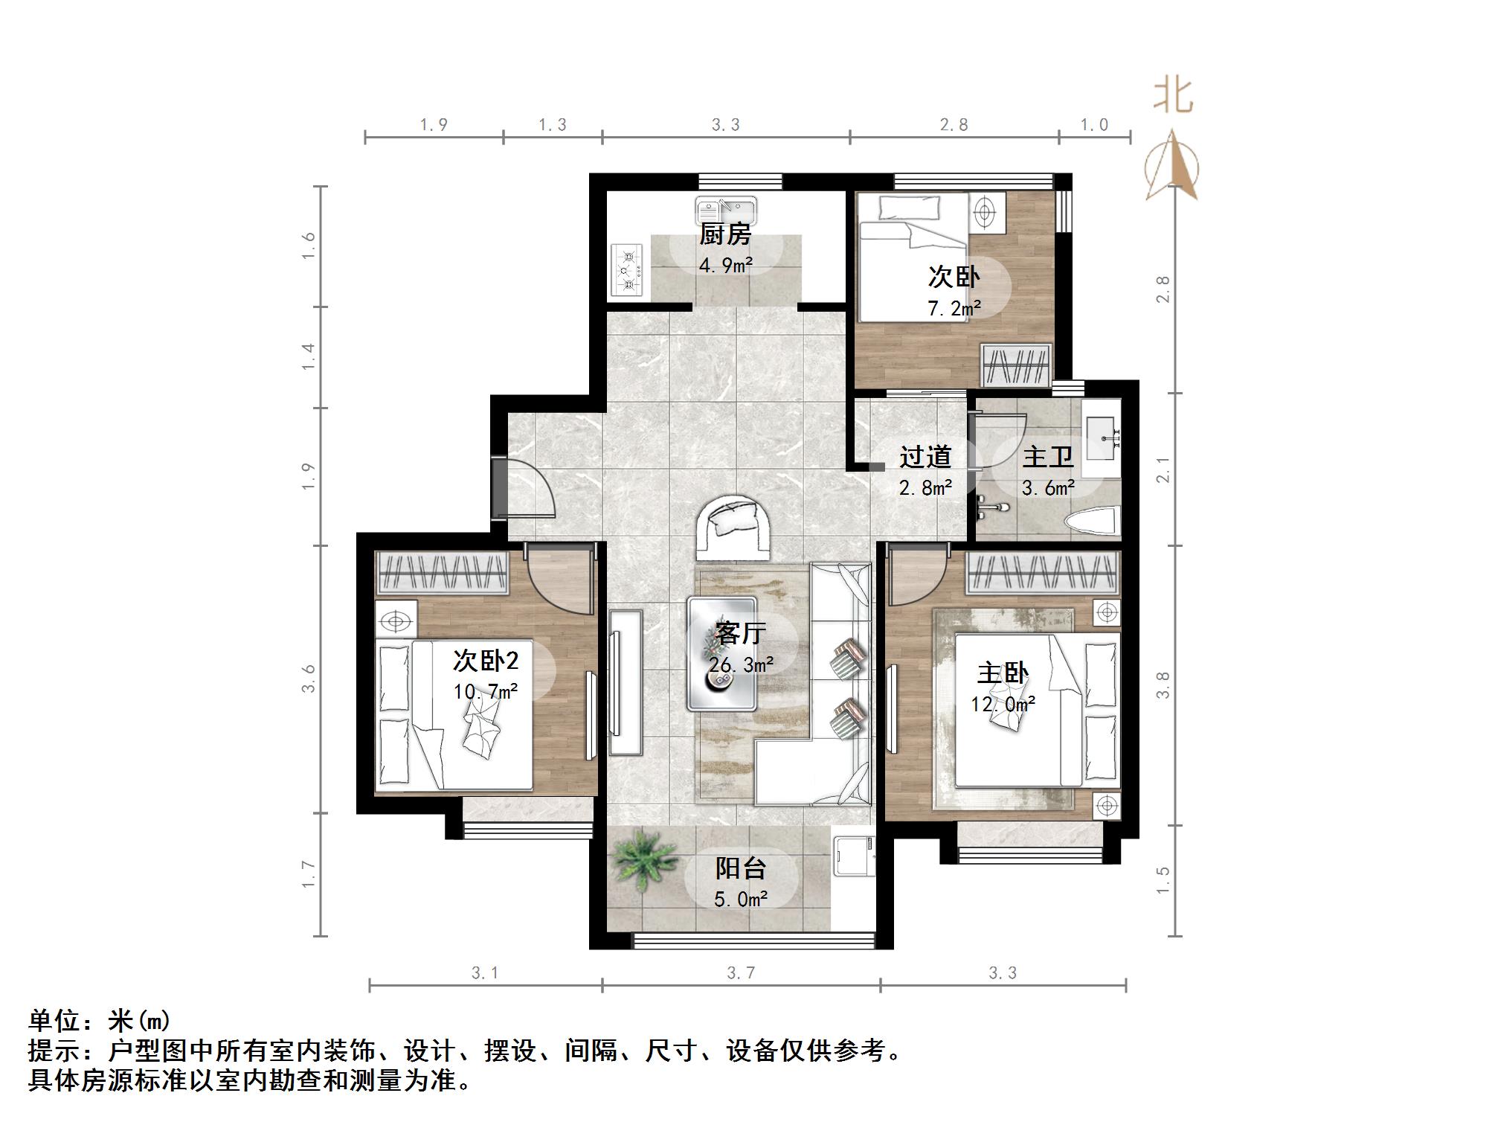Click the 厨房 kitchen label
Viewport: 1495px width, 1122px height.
pyautogui.click(x=725, y=234)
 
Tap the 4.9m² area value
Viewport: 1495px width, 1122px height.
pyautogui.click(x=725, y=265)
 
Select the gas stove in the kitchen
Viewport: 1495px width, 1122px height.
pyautogui.click(x=627, y=271)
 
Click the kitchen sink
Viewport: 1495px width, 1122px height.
pyautogui.click(x=725, y=210)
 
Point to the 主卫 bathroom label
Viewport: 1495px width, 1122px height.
pyautogui.click(x=1048, y=457)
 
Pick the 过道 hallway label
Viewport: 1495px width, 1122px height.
pyautogui.click(x=925, y=457)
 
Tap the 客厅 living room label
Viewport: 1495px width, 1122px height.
pyautogui.click(x=740, y=633)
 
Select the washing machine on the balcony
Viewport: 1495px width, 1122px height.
pyautogui.click(x=853, y=857)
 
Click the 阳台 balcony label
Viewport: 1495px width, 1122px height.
pyautogui.click(x=740, y=868)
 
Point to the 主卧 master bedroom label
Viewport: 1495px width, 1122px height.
pyautogui.click(x=1003, y=673)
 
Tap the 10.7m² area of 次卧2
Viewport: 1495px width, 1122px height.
pyautogui.click(x=486, y=692)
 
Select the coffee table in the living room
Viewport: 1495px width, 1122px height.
pyautogui.click(x=722, y=653)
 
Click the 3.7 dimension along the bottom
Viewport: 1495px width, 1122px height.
pyautogui.click(x=741, y=972)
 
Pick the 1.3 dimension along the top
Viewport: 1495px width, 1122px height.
pyautogui.click(x=553, y=125)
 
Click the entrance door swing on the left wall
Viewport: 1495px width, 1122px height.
pyautogui.click(x=527, y=489)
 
